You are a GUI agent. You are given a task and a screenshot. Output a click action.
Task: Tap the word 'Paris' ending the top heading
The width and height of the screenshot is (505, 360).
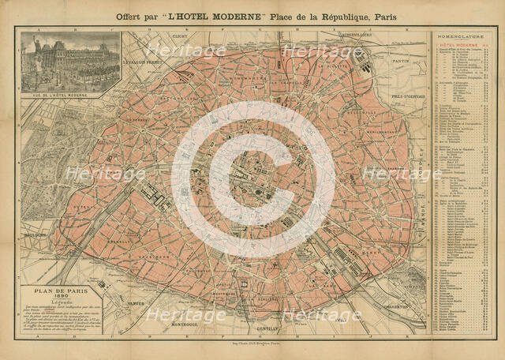(382, 16)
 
